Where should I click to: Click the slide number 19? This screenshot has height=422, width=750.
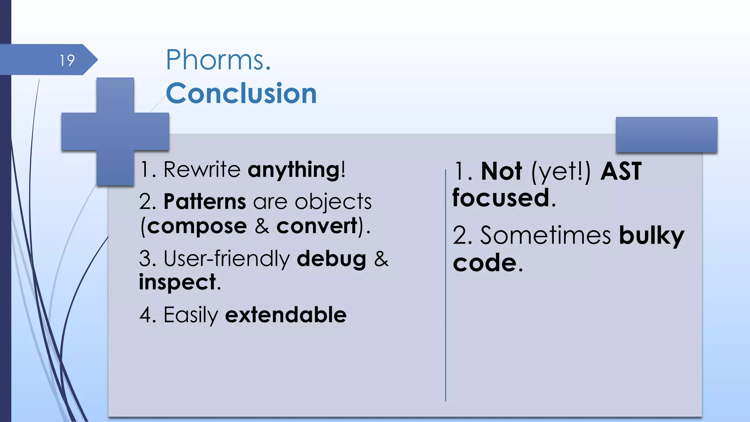[67, 60]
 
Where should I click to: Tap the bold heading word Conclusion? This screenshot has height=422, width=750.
[241, 93]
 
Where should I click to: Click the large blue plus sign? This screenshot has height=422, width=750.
[115, 131]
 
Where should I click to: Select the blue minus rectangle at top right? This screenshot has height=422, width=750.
[666, 134]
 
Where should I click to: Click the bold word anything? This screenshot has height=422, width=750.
[294, 170]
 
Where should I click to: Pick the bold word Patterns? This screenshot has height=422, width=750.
[204, 201]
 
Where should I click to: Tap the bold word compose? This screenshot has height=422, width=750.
[197, 226]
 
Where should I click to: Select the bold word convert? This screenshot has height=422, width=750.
[316, 226]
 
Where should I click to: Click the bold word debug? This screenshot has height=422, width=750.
[331, 259]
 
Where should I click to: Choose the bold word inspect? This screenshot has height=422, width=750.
[177, 282]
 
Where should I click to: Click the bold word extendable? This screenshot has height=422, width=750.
[285, 315]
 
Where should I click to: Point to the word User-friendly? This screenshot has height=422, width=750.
[227, 259]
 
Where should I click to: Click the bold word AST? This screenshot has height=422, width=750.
[621, 171]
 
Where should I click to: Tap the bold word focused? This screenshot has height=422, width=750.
[501, 198]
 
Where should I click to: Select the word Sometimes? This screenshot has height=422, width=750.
[545, 235]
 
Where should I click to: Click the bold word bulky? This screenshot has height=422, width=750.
[651, 236]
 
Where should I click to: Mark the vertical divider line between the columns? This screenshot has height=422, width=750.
[445, 286]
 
